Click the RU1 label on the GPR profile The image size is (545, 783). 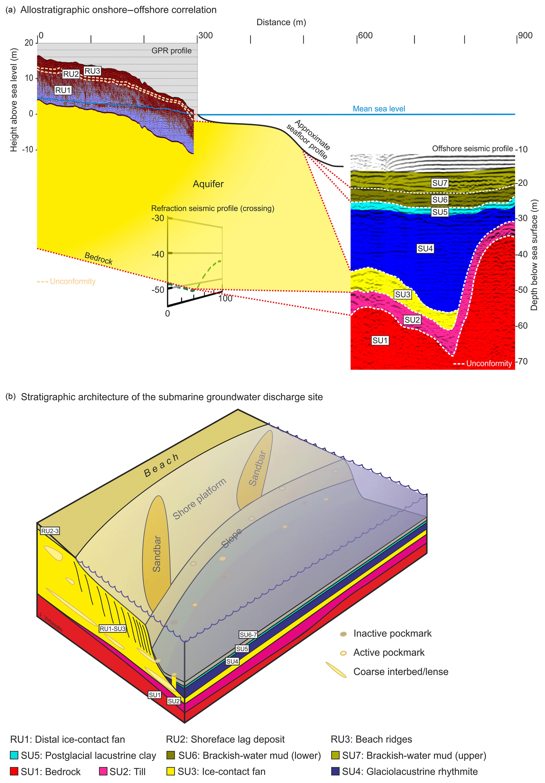coord(63,90)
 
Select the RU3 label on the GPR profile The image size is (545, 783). coord(92,71)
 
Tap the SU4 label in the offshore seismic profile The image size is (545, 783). coord(425,249)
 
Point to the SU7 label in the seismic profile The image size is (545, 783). coord(440,183)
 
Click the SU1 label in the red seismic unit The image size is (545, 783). coord(380,340)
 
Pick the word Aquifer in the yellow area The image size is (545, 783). coord(208,184)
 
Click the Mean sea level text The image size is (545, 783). coord(379,109)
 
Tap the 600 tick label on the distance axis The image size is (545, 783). coord(365,36)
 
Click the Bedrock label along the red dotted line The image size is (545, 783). coord(98,258)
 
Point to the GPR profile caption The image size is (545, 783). coord(171,51)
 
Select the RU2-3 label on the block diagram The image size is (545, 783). coord(50,531)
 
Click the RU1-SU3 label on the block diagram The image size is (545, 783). coord(112,629)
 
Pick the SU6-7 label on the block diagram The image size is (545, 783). coord(248,635)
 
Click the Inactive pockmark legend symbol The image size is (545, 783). coord(343,634)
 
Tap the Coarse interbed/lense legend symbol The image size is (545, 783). coord(336,670)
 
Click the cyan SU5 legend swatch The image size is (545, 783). coord(14,755)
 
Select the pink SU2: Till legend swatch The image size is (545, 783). coord(103,771)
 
